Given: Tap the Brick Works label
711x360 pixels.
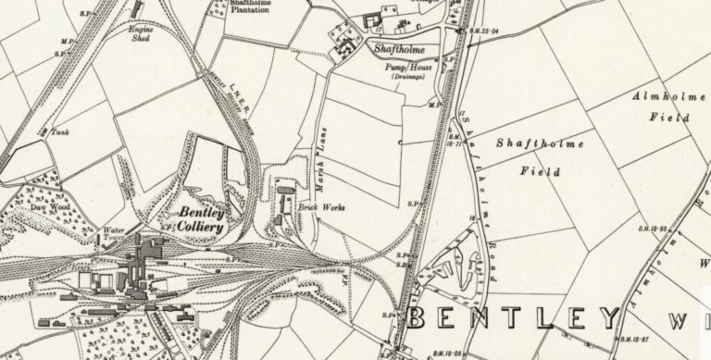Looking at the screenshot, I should [322, 208].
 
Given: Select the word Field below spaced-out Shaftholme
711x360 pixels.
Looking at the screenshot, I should [537, 171].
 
